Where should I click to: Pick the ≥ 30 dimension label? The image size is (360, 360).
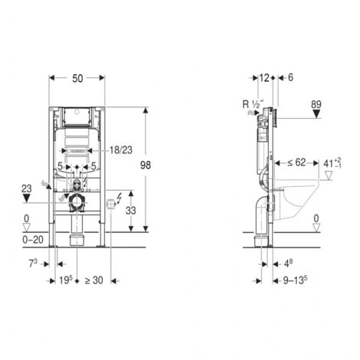pyautogui.click(x=93, y=281)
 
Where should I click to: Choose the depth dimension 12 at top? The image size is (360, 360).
pyautogui.click(x=264, y=78)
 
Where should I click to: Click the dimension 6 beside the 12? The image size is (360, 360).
pyautogui.click(x=290, y=78)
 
